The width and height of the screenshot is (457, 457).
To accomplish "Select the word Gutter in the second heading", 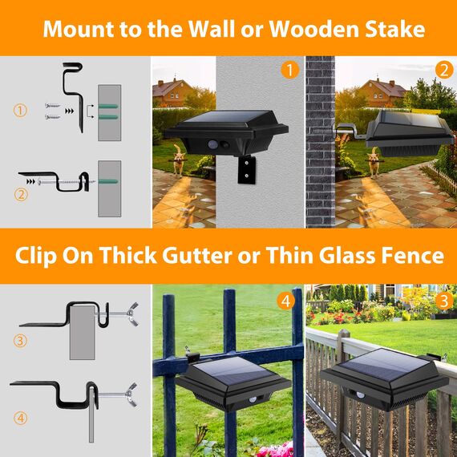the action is tap(196, 255).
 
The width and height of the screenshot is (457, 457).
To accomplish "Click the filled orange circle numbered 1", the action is tap(289, 70).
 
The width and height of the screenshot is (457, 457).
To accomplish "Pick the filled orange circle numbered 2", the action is tap(444, 70).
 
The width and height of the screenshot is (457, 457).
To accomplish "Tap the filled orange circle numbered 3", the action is tap(444, 301).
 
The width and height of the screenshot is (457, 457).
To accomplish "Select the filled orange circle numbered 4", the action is tap(285, 301).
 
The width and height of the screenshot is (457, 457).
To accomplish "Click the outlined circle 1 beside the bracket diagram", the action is tap(20, 111).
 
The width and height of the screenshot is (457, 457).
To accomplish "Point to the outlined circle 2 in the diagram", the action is tap(21, 195).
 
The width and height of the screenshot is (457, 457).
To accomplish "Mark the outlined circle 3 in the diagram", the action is tap(20, 341).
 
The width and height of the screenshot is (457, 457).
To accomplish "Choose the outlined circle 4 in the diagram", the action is tap(20, 419).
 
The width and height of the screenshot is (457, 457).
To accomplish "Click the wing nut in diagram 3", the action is tap(131, 314).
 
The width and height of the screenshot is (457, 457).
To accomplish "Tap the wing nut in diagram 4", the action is tap(131, 394).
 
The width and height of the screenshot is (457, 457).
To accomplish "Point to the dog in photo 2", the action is tap(374, 162).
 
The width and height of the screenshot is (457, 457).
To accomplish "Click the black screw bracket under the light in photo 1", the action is tap(246, 170).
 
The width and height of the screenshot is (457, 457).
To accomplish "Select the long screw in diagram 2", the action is tap(67, 182).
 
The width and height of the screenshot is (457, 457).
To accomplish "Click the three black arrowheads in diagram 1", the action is tap(70, 111).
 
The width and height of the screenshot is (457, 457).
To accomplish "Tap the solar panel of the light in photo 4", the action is tap(233, 370).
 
